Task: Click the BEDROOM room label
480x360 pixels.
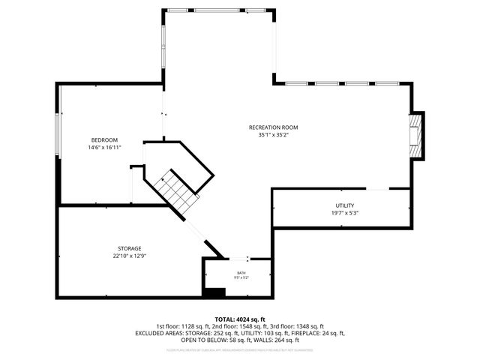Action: tap(104, 140)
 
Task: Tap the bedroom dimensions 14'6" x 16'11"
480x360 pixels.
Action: tap(104, 148)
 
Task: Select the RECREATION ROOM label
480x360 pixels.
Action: tap(273, 127)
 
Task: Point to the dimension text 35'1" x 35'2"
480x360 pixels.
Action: tap(273, 135)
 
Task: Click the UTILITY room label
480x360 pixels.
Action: tap(344, 205)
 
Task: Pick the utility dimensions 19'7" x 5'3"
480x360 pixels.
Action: tap(344, 212)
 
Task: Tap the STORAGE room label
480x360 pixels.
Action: tap(129, 248)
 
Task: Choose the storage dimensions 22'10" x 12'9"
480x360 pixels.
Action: tap(129, 256)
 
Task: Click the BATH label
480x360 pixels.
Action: tap(241, 273)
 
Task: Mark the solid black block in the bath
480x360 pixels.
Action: tap(215, 292)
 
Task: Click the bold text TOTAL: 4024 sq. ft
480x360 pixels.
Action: tap(240, 319)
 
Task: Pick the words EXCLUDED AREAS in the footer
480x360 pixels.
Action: tap(158, 333)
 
